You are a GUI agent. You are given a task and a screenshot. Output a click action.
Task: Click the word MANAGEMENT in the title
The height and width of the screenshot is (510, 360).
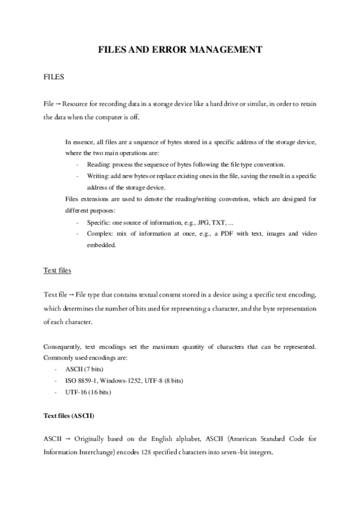(x=227, y=50)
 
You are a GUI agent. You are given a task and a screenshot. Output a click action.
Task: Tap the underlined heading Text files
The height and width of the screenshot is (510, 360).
(x=58, y=271)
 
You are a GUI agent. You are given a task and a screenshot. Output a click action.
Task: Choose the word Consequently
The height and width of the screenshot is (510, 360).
(x=68, y=347)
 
